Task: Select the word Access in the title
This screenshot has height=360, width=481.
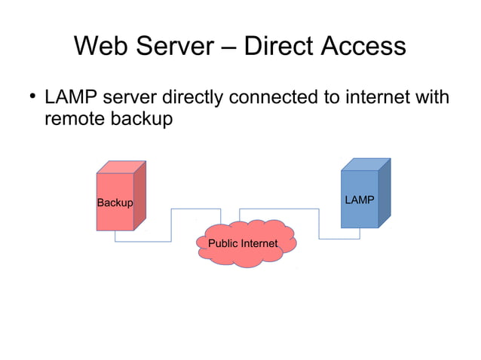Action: (x=366, y=47)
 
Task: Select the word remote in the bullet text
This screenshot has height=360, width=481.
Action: (x=75, y=118)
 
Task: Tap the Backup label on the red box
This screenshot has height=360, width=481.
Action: (x=115, y=203)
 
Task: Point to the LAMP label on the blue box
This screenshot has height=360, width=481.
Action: (x=359, y=200)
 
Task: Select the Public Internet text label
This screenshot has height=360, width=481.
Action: (x=243, y=243)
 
